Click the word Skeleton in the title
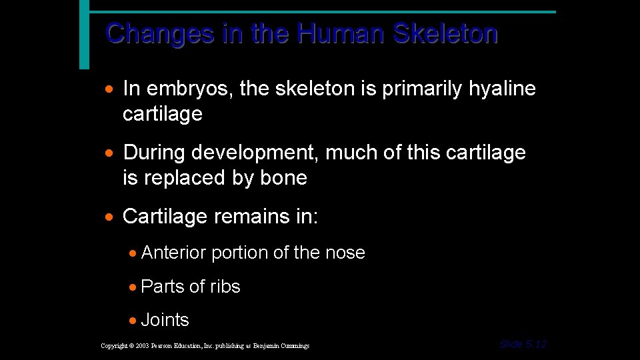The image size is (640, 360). coord(445,33)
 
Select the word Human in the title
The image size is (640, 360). coord(341,33)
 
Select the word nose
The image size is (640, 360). coord(345,253)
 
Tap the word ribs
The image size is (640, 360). coord(225,287)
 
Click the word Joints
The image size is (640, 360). coord(165,320)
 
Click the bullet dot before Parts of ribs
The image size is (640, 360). coord(134,287)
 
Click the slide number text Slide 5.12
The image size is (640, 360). coord(523,344)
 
